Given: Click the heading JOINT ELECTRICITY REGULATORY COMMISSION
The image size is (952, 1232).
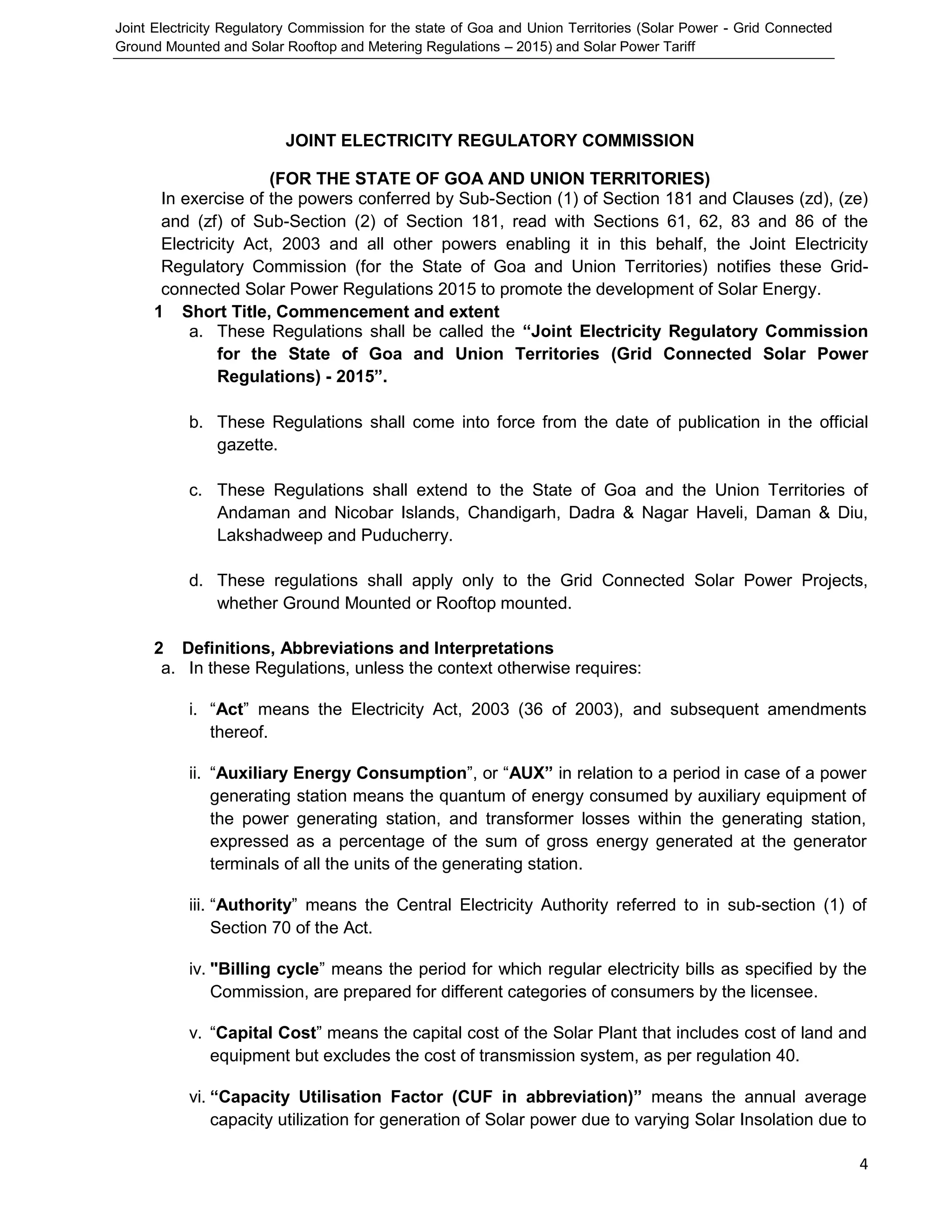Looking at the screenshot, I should pyautogui.click(x=489, y=140).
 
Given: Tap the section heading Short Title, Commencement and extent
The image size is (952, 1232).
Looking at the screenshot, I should pyautogui.click(x=340, y=311).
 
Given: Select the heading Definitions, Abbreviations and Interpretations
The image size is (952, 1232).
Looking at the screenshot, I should pyautogui.click(x=367, y=648).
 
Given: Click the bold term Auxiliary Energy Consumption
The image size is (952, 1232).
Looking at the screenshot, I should pyautogui.click(x=341, y=773).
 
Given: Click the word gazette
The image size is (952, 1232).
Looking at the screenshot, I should pyautogui.click(x=247, y=444).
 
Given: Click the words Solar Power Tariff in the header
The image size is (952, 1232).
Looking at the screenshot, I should pyautogui.click(x=639, y=47).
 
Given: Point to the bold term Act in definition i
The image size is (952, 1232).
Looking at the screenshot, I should pyautogui.click(x=229, y=709).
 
